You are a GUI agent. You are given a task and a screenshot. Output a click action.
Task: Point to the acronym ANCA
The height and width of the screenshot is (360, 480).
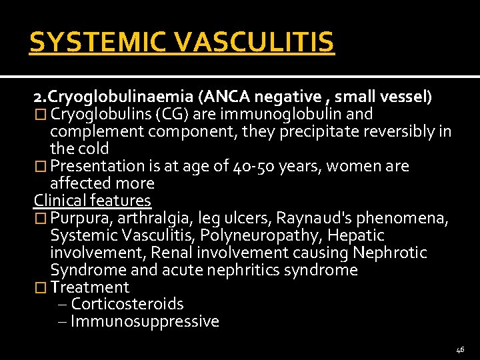tap(229, 97)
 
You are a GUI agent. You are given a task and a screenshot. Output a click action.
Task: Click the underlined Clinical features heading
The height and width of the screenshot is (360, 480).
tap(93, 201)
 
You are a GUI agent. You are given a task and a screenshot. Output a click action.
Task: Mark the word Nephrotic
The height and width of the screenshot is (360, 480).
tap(390, 253)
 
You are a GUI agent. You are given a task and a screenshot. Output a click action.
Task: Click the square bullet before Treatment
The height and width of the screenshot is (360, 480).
tap(41, 287)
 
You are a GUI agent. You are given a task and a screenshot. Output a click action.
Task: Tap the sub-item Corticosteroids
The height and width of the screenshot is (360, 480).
tap(127, 305)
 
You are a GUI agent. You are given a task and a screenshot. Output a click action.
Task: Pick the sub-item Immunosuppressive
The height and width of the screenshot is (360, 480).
tap(145, 322)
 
